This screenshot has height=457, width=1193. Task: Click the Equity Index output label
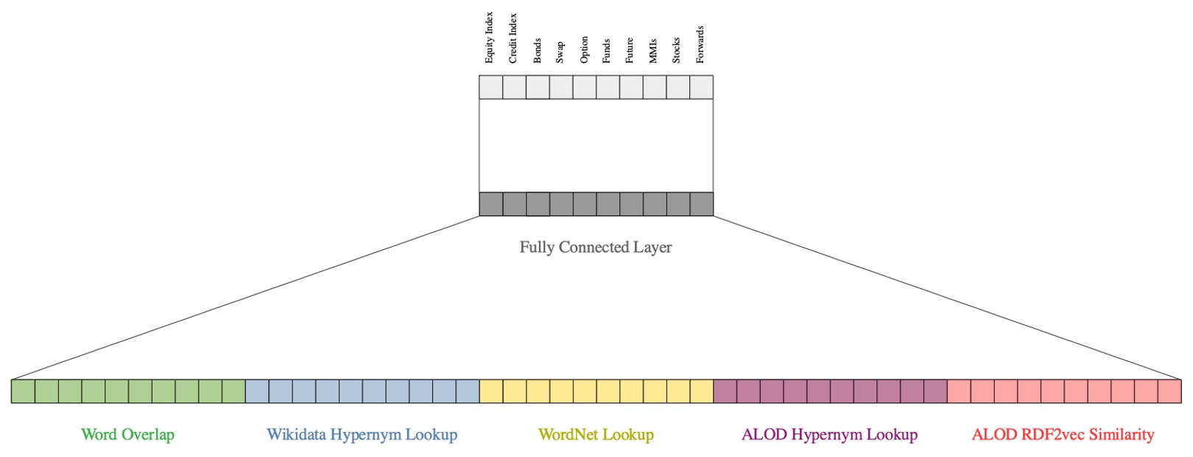coord(490,38)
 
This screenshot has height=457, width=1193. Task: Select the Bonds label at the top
coord(537,51)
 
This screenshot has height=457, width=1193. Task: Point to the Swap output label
coord(560,52)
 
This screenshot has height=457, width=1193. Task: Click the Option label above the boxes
coord(584,49)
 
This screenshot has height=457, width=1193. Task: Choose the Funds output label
coord(607,51)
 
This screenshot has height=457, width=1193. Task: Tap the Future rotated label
coord(630,50)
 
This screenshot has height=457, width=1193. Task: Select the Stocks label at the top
coord(677,51)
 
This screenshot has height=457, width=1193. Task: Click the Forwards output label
coord(700,44)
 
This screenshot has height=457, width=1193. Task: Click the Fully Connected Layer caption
coord(596,248)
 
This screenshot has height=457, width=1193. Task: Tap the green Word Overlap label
coord(128,435)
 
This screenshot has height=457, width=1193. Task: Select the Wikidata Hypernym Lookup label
coord(362,435)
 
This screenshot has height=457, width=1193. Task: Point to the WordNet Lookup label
coord(596,435)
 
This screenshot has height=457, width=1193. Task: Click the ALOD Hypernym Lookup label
coord(830,435)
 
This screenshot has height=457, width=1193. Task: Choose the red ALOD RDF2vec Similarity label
coord(1063,435)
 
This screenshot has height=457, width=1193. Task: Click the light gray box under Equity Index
coord(490,88)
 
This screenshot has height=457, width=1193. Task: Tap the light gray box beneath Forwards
coord(701,88)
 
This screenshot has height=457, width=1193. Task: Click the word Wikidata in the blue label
coord(296,435)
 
